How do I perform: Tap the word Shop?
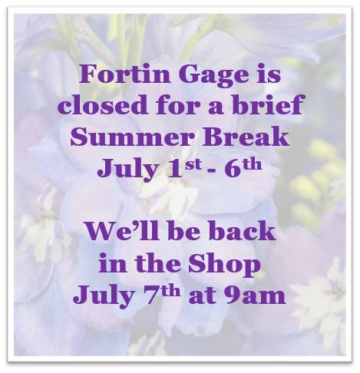click(230, 262)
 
